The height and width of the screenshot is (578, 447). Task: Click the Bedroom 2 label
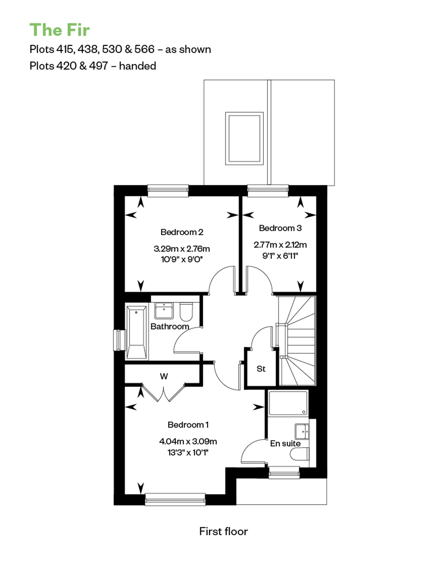[x=182, y=232]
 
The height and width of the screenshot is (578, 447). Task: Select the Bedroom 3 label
[x=280, y=228]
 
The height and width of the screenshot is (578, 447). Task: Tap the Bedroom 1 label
[x=188, y=425]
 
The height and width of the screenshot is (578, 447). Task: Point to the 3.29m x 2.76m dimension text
[x=182, y=249]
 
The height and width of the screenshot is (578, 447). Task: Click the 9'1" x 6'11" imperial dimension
[x=280, y=256]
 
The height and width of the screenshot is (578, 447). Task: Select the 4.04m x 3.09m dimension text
[x=188, y=441]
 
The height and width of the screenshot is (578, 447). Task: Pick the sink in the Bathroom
[x=164, y=310]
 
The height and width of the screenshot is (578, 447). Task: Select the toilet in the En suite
[x=299, y=454]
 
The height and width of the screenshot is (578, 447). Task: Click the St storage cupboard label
[x=261, y=369]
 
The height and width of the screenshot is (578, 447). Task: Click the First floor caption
[x=223, y=531]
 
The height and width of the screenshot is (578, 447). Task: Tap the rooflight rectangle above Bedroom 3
[x=244, y=138]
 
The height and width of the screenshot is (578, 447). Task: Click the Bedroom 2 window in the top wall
[x=168, y=191]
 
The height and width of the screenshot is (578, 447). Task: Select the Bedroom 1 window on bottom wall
[x=175, y=499]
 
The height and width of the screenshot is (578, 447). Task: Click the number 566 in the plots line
[x=144, y=49]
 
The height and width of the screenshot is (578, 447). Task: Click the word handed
[x=138, y=66]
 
